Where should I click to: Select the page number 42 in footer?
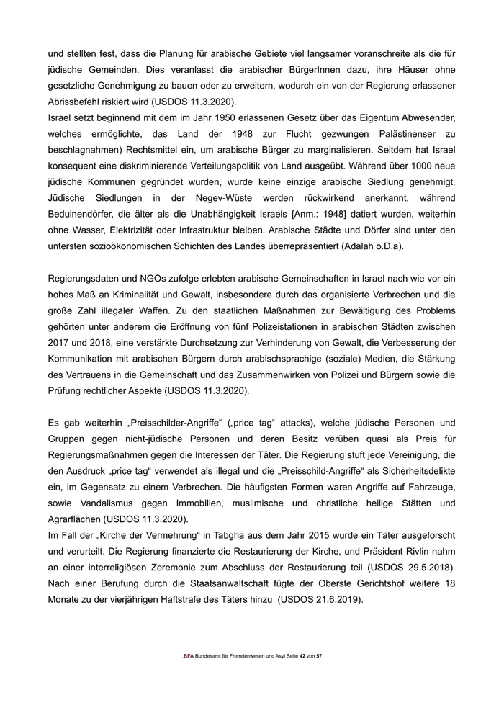(x=302, y=677)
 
